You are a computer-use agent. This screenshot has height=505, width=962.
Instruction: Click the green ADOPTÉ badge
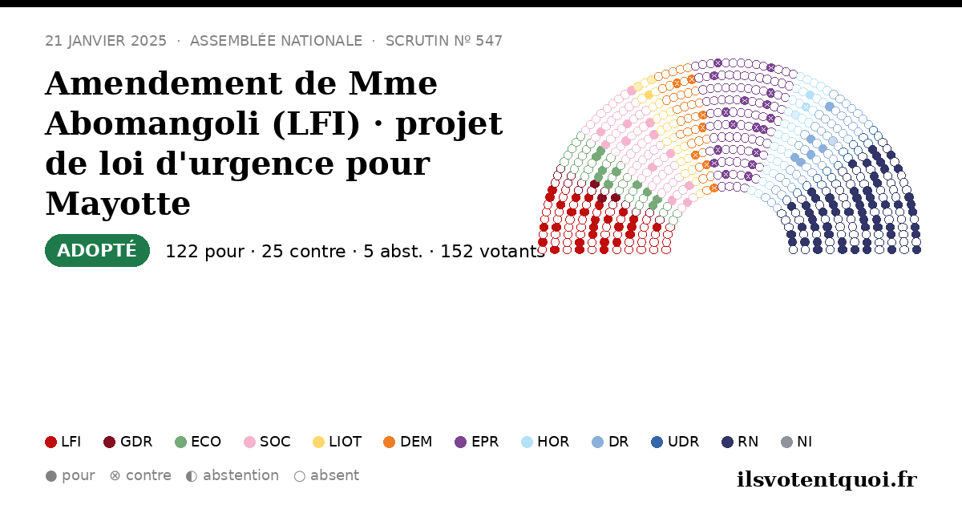coord(97,250)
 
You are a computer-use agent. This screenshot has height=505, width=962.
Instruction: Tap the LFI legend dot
coord(51,442)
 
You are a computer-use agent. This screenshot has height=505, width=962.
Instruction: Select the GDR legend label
coord(136,442)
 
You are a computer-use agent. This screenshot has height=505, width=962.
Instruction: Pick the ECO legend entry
coord(198,442)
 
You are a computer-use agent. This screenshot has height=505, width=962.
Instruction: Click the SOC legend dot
coord(249,442)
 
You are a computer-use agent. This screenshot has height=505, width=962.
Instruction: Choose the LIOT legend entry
coord(338,442)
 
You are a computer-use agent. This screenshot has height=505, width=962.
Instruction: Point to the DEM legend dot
coord(389,442)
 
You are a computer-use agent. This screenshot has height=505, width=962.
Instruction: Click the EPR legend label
coord(485,442)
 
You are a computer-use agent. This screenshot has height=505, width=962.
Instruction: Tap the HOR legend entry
coord(545,442)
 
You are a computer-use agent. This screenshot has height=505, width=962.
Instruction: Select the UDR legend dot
coord(657,442)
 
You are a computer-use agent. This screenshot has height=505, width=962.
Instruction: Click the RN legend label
coord(748,442)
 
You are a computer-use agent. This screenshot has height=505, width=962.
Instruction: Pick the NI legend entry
coord(797,442)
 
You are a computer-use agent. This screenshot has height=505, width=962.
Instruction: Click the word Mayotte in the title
coord(118,204)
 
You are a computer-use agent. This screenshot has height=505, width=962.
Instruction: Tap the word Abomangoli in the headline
coord(152,123)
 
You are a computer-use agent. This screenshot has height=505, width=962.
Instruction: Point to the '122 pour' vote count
coord(205,252)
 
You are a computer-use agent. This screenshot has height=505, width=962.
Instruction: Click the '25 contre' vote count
coord(304,252)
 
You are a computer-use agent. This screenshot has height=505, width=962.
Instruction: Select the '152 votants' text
coord(492,252)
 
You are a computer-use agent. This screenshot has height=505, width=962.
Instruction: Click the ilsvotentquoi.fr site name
coord(827,479)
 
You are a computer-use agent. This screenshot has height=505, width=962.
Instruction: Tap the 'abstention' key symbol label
coord(241,476)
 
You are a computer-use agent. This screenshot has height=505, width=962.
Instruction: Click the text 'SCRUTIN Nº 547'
coord(443,41)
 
